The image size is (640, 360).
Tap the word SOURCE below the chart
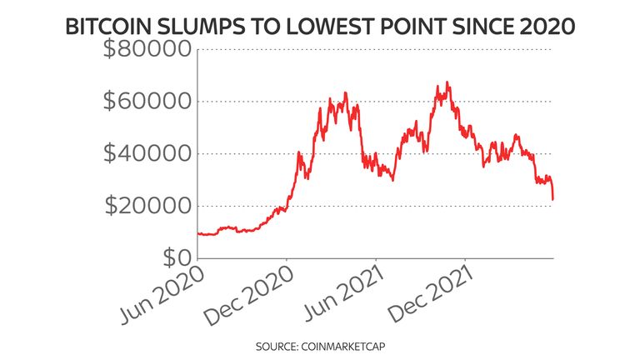[x=281, y=342]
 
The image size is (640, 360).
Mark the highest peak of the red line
[x=448, y=82]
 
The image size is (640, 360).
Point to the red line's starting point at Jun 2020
[x=198, y=233]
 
